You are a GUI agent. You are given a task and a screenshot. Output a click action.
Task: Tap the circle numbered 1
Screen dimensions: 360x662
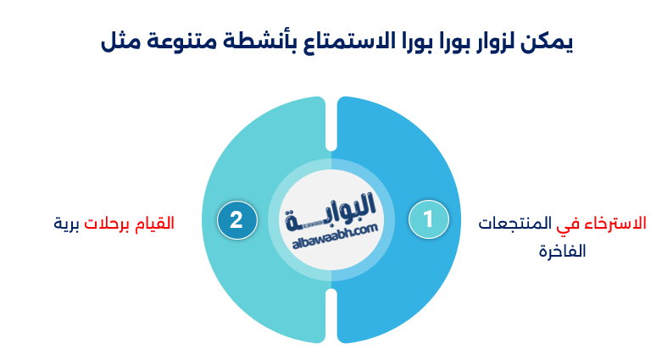tap(427, 219)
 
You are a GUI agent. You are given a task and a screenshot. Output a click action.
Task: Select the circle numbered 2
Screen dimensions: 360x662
tap(236, 220)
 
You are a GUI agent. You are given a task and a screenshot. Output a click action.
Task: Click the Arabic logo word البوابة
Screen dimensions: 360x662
tap(331, 211)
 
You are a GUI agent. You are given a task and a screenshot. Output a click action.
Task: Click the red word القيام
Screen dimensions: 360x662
tap(155, 224)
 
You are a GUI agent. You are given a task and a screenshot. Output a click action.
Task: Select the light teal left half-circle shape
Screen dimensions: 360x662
tap(254, 144)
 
